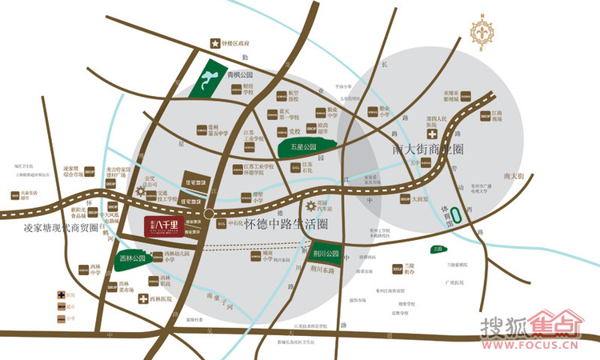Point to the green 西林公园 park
click(x=131, y=260)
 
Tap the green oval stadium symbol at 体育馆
click(x=455, y=215)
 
